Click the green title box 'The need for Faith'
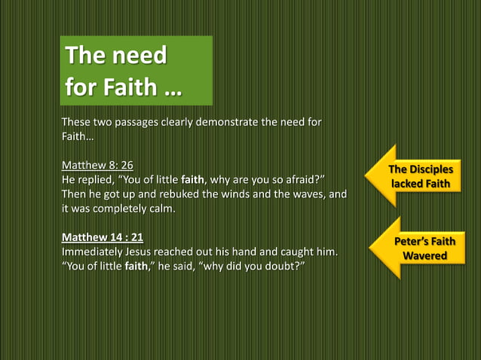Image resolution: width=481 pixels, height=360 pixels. coord(136,70)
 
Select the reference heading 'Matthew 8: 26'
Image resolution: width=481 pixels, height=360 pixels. coord(97,166)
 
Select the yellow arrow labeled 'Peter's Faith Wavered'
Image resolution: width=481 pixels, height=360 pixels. coord(417,249)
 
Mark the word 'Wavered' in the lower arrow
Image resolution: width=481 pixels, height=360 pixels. coord(424,256)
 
